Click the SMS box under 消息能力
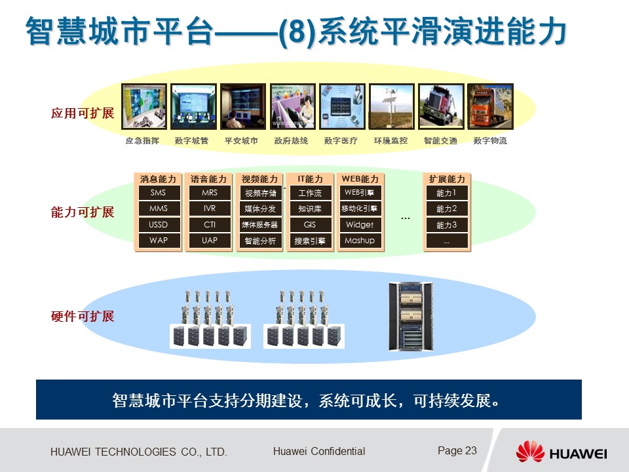tap(159, 193)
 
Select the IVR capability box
tap(210, 208)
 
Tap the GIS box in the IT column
tap(310, 225)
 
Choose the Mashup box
tap(360, 241)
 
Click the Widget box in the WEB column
tap(360, 225)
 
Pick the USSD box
tap(159, 225)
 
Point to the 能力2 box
tap(447, 208)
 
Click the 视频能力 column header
tap(259, 179)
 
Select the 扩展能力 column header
tap(447, 179)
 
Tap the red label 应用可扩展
tap(83, 113)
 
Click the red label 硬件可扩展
tap(83, 316)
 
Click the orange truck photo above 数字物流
tap(490, 106)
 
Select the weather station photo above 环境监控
tap(391, 106)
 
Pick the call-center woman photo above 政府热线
tap(292, 106)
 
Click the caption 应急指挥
tap(142, 140)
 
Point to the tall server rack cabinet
tap(411, 316)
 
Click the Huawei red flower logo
tap(530, 452)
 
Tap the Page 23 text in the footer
tap(457, 451)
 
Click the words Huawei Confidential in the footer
tap(319, 451)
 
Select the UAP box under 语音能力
tap(210, 241)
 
